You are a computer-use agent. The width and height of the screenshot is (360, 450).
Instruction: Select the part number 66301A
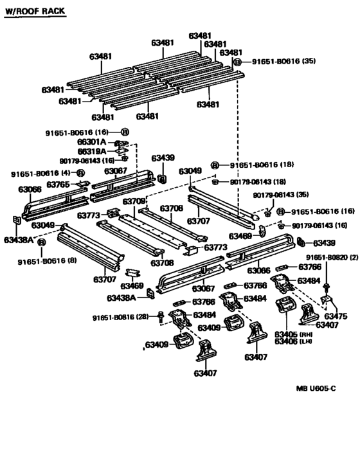92,141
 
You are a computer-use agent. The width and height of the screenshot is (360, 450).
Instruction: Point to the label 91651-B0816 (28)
121,317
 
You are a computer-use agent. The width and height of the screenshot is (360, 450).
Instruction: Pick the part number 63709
134,201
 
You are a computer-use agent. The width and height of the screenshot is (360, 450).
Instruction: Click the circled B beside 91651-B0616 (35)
237,62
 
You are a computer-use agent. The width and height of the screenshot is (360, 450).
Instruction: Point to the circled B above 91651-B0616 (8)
41,243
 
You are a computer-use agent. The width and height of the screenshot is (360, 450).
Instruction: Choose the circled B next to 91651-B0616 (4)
80,173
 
